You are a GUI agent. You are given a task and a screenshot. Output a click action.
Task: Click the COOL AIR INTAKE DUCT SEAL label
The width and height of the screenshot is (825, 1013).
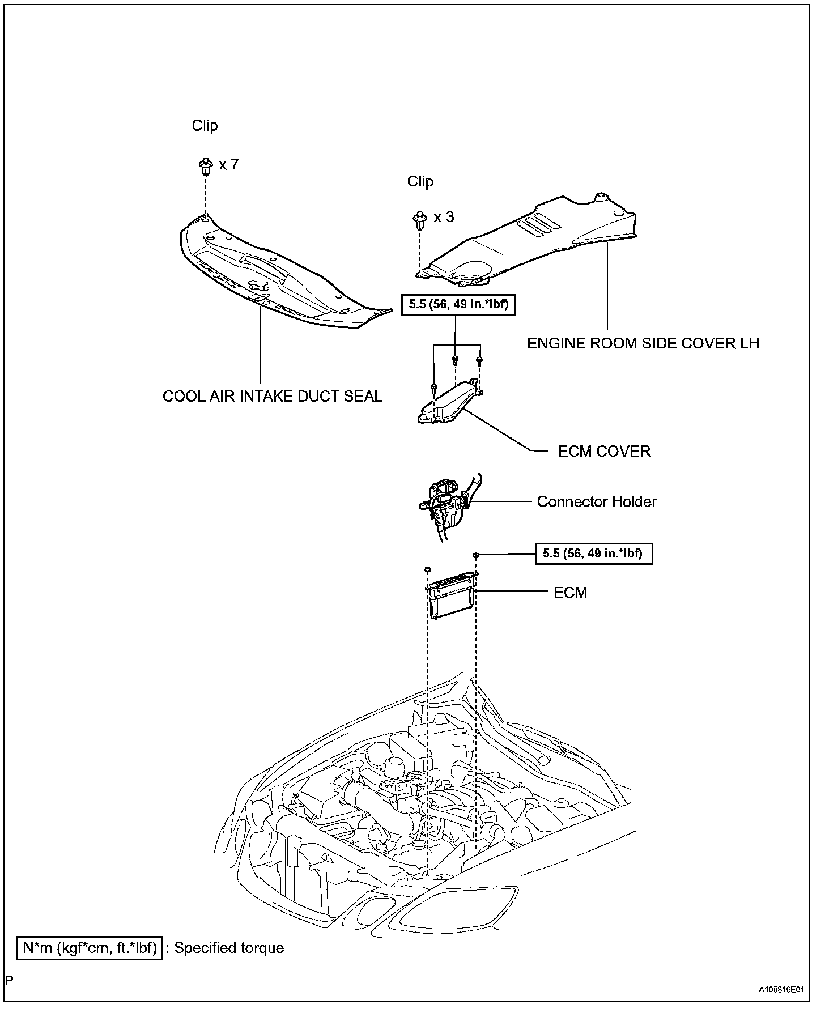pos(273,396)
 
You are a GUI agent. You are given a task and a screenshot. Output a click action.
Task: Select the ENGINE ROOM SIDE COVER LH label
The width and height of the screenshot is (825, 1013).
pos(643,343)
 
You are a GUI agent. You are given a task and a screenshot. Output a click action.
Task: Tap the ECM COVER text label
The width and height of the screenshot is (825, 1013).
pos(604,451)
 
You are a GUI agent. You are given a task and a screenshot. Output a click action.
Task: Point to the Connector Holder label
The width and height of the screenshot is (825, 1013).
pos(597,501)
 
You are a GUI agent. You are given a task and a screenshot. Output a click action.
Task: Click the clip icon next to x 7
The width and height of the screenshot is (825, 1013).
pos(205,167)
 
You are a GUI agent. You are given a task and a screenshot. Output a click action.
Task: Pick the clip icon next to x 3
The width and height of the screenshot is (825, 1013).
pos(419,219)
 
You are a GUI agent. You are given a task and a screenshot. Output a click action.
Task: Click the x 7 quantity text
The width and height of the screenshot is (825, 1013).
pos(229,165)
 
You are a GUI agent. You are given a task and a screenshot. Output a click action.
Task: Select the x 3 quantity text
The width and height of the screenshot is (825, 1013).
pos(444,217)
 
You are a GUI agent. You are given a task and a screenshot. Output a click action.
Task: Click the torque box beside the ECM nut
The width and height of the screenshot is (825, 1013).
pos(594,554)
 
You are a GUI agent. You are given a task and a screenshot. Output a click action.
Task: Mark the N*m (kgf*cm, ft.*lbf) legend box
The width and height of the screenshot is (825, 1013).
pos(90,947)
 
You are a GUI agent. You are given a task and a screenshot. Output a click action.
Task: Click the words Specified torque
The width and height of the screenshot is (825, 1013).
pos(229,948)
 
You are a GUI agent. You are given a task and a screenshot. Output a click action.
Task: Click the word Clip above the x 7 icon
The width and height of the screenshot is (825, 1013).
pos(205,126)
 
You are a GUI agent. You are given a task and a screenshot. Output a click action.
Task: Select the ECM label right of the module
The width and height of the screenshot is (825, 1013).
pos(570,593)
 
